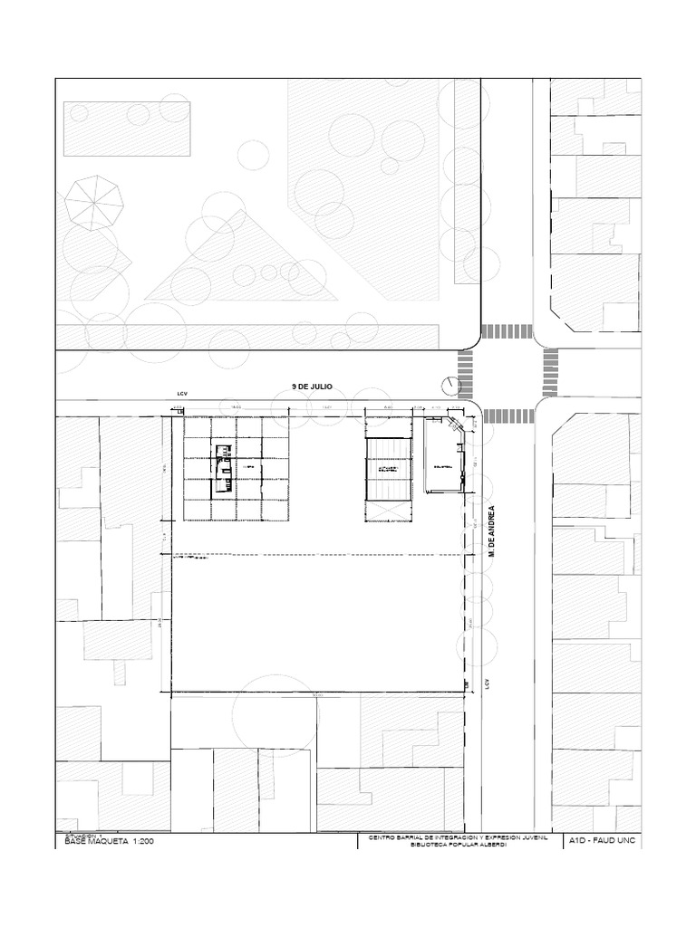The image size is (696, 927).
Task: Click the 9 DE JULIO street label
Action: (312, 387)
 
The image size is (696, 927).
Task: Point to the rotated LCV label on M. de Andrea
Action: (487, 683)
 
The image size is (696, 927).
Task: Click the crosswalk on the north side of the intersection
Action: (507, 331)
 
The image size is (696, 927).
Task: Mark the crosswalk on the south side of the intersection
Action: (507, 416)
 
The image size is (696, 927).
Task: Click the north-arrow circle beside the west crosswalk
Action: (449, 385)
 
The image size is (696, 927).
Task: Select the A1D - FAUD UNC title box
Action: (602, 842)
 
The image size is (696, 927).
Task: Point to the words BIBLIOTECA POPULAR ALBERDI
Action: (459, 847)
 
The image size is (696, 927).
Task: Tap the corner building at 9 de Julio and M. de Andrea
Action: (444, 457)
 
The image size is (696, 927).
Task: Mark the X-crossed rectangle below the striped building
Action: (388, 511)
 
